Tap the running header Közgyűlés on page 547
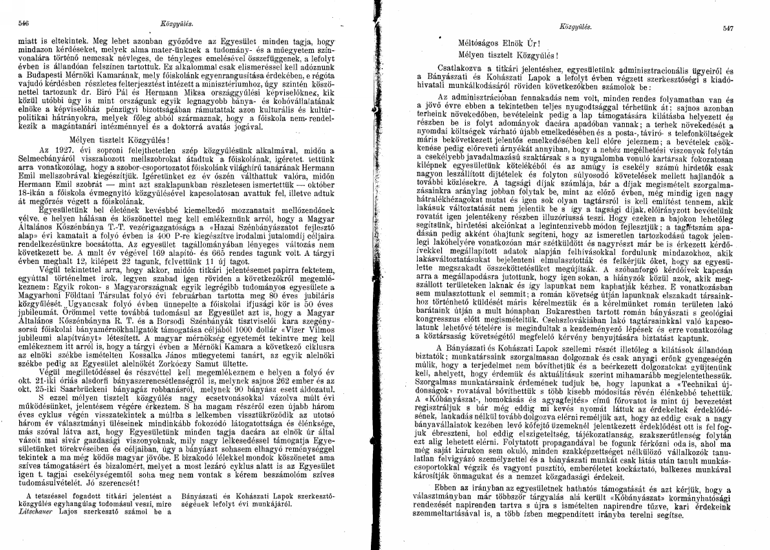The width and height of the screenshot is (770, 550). coord(576,27)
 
